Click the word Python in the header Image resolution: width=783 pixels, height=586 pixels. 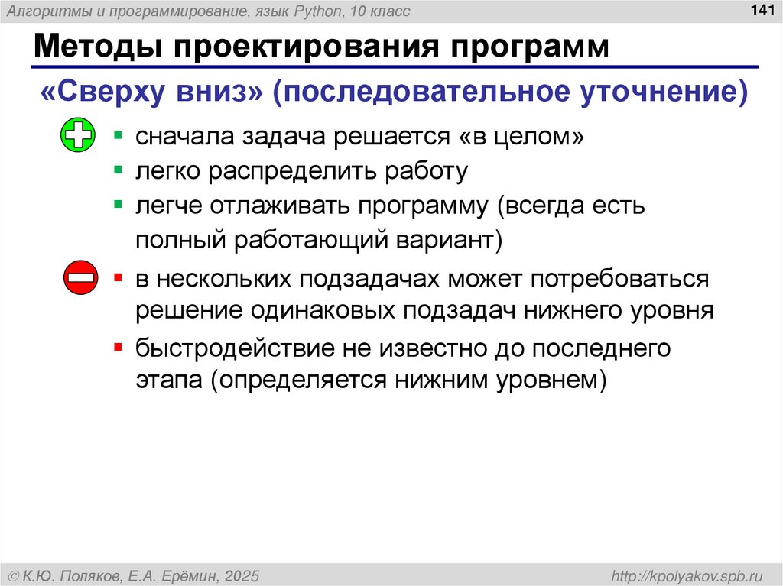click(x=305, y=11)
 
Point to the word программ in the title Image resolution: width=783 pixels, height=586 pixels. click(x=523, y=47)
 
